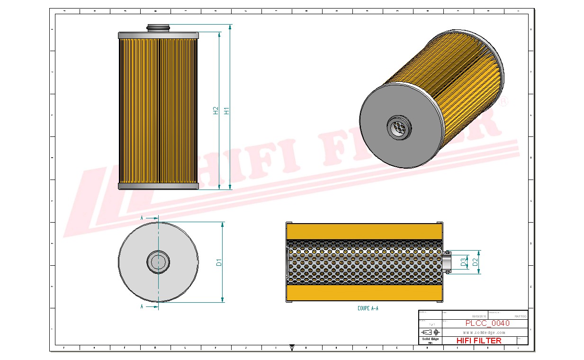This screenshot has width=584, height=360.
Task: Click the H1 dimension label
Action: click(x=227, y=110)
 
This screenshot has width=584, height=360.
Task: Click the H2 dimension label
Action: click(x=216, y=110)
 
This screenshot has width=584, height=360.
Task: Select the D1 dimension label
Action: click(x=219, y=262)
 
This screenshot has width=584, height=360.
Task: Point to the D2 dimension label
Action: click(x=475, y=261)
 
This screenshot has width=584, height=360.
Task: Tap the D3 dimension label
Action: click(x=464, y=261)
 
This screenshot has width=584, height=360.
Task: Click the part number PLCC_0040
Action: click(x=487, y=323)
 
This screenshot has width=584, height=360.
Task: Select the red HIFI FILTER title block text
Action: click(x=479, y=340)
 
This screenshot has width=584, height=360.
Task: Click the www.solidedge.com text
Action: click(x=484, y=333)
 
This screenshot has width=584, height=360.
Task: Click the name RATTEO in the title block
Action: click(x=520, y=316)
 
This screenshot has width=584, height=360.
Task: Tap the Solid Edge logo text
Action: click(x=430, y=339)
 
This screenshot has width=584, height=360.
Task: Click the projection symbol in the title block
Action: click(x=430, y=332)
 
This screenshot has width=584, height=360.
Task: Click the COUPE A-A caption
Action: click(x=368, y=308)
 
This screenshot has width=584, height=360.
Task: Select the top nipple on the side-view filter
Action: click(x=158, y=28)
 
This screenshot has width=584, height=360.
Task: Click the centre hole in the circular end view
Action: click(x=158, y=261)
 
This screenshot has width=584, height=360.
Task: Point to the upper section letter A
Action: click(x=142, y=217)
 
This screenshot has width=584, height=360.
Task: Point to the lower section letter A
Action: click(x=142, y=307)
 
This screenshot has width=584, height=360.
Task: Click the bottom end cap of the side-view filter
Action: click(x=158, y=186)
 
